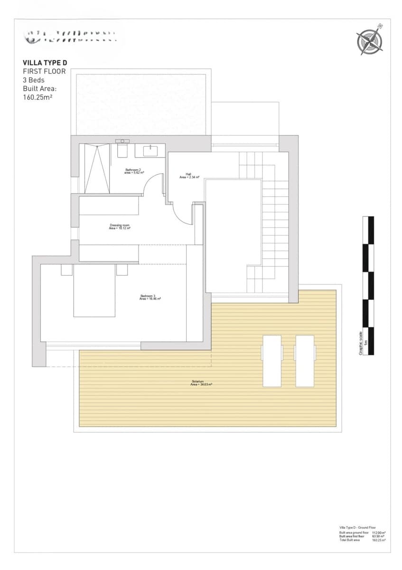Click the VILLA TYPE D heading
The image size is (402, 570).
click(45, 62)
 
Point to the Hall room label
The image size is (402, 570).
click(189, 175)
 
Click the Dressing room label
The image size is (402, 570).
click(120, 227)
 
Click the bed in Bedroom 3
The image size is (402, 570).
click(94, 290)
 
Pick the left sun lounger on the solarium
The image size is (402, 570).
click(271, 361)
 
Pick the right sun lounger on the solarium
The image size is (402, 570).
click(305, 361)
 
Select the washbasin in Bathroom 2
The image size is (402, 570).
click(150, 151)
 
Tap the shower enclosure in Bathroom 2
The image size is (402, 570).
click(97, 169)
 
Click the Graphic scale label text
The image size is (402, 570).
click(361, 342)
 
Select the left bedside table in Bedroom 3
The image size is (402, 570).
click(66, 270)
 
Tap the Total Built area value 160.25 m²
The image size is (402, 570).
click(379, 540)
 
